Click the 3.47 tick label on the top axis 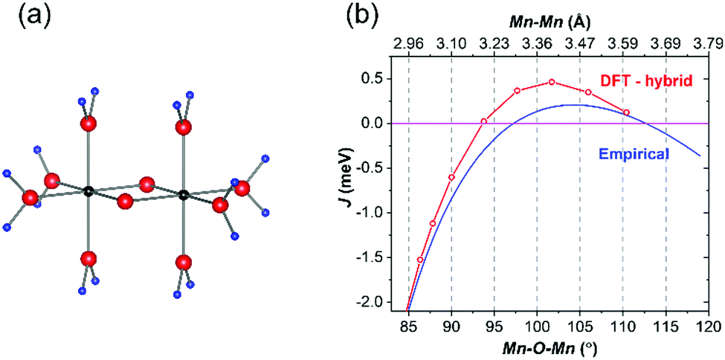(580, 44)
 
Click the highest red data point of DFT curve (552, 82)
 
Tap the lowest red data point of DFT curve (420, 260)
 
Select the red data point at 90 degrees (451, 177)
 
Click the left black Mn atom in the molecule (88, 191)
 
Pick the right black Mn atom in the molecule (184, 195)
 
